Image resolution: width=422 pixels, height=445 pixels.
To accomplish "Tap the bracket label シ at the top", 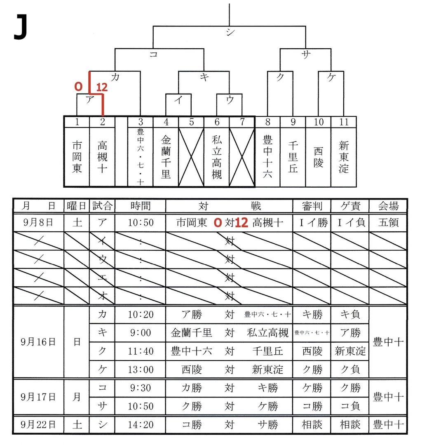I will [229, 33].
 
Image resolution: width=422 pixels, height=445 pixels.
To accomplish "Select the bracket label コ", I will [153, 55].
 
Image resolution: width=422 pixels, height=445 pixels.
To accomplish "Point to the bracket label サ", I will [305, 55].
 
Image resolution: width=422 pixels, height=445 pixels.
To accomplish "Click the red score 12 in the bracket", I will [102, 87].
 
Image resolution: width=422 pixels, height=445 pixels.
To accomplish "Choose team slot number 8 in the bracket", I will [267, 122].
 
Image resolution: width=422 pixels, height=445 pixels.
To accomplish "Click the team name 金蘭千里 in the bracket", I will [166, 157].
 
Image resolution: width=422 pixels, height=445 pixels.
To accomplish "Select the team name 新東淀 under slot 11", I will [344, 157].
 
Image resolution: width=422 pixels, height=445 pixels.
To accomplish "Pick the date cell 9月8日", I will [38, 223].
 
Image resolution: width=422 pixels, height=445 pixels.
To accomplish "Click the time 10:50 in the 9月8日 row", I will [141, 223].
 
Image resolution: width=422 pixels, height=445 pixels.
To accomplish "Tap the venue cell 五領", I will [388, 223].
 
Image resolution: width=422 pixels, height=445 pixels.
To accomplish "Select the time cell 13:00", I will [141, 370].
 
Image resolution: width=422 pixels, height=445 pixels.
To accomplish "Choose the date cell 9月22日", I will [38, 424].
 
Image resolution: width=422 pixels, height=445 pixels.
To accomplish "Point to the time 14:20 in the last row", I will [141, 424].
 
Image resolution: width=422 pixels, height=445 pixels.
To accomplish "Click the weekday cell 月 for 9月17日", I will [77, 397].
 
